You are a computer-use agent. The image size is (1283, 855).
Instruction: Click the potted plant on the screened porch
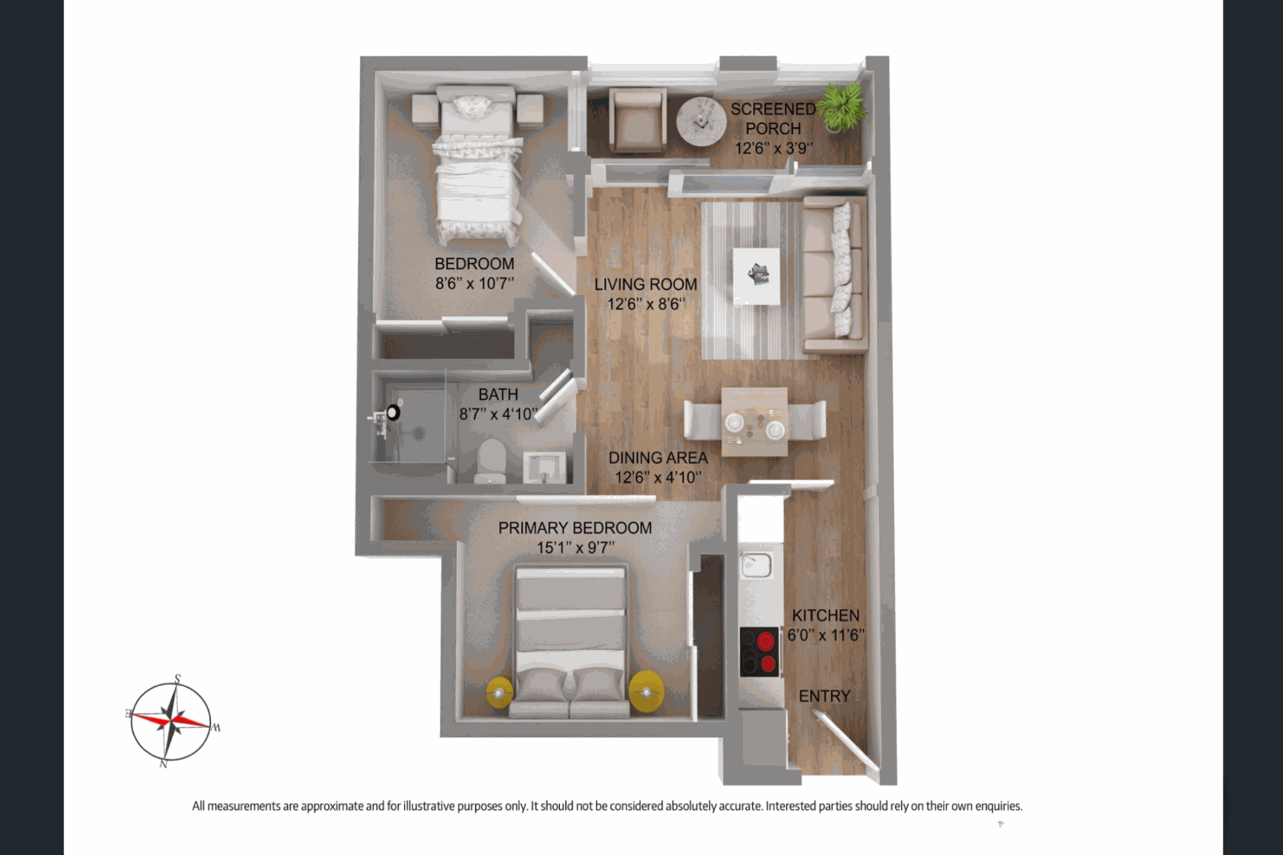843,107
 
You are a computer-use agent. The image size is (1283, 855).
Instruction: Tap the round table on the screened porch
701,122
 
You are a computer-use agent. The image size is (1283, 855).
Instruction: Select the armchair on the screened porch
637,120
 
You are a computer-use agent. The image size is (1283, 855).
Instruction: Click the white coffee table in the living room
757,276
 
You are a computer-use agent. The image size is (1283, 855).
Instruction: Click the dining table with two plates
754,422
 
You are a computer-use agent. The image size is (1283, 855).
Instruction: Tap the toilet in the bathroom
491,461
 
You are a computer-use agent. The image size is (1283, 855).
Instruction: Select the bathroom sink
544,467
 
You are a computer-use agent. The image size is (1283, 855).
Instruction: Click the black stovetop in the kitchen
759,652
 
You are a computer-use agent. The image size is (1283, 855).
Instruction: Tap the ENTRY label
824,696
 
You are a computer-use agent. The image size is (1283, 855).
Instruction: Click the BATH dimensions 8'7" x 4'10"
499,414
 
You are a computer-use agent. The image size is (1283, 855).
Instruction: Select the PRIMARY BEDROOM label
575,528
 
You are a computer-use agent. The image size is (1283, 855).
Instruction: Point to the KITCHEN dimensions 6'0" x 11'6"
826,635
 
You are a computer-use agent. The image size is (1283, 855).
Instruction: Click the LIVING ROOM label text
646,284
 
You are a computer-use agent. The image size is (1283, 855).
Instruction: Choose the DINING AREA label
658,458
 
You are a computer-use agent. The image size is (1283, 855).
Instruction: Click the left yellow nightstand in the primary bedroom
499,693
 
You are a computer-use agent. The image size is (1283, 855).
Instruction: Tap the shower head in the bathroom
393,413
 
